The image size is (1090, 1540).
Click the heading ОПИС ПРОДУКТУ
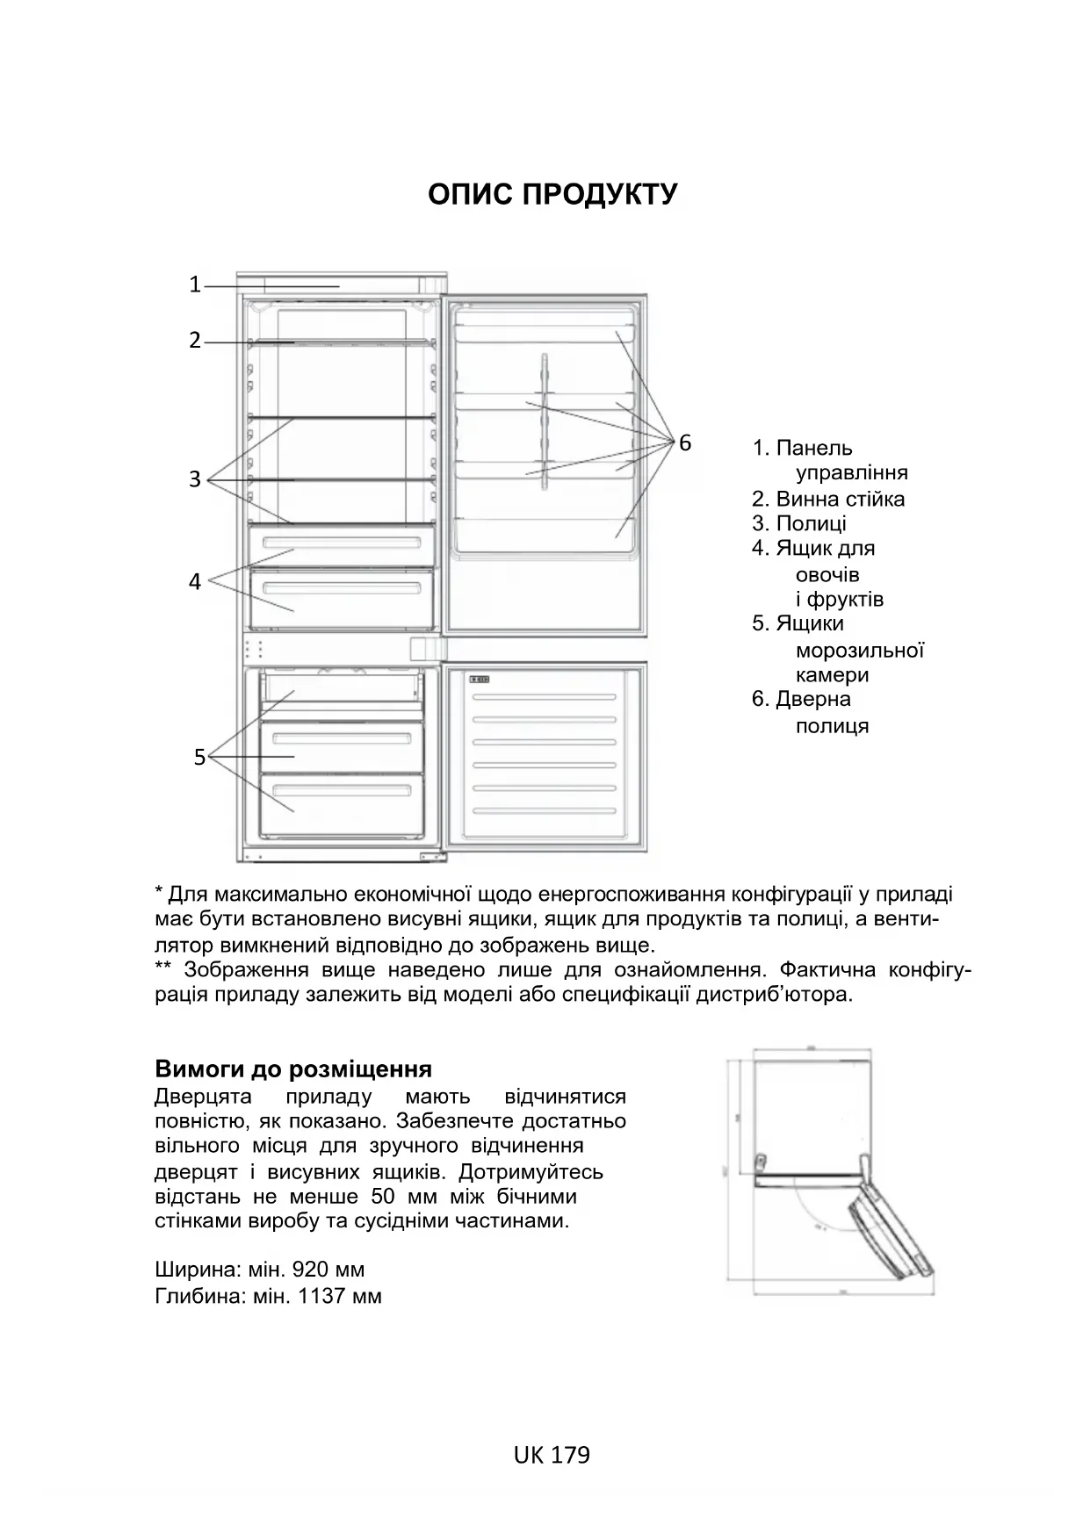tap(552, 194)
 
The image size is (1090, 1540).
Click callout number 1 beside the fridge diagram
tap(195, 284)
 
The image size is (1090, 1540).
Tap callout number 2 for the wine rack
tap(195, 340)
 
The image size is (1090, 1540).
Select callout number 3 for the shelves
tap(195, 479)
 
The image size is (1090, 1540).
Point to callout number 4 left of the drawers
tap(195, 581)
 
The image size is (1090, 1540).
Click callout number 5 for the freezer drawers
tap(199, 756)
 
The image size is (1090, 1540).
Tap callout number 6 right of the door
tap(685, 443)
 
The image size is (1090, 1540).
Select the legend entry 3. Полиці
tap(799, 523)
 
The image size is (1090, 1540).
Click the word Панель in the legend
tap(813, 448)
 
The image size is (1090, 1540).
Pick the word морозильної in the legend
tap(859, 651)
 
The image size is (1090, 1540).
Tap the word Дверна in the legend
tap(813, 699)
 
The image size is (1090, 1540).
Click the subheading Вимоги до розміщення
tap(293, 1069)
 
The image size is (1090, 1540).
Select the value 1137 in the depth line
tap(321, 1296)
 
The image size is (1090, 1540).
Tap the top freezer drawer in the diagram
tap(342, 687)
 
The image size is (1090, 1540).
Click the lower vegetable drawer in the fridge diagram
tap(342, 599)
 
